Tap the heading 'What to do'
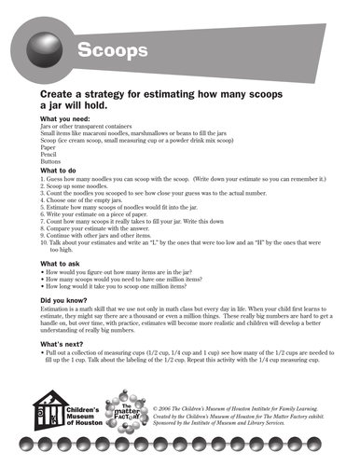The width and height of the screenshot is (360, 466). [63, 171]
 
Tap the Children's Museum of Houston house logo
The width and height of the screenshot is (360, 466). [47, 408]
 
